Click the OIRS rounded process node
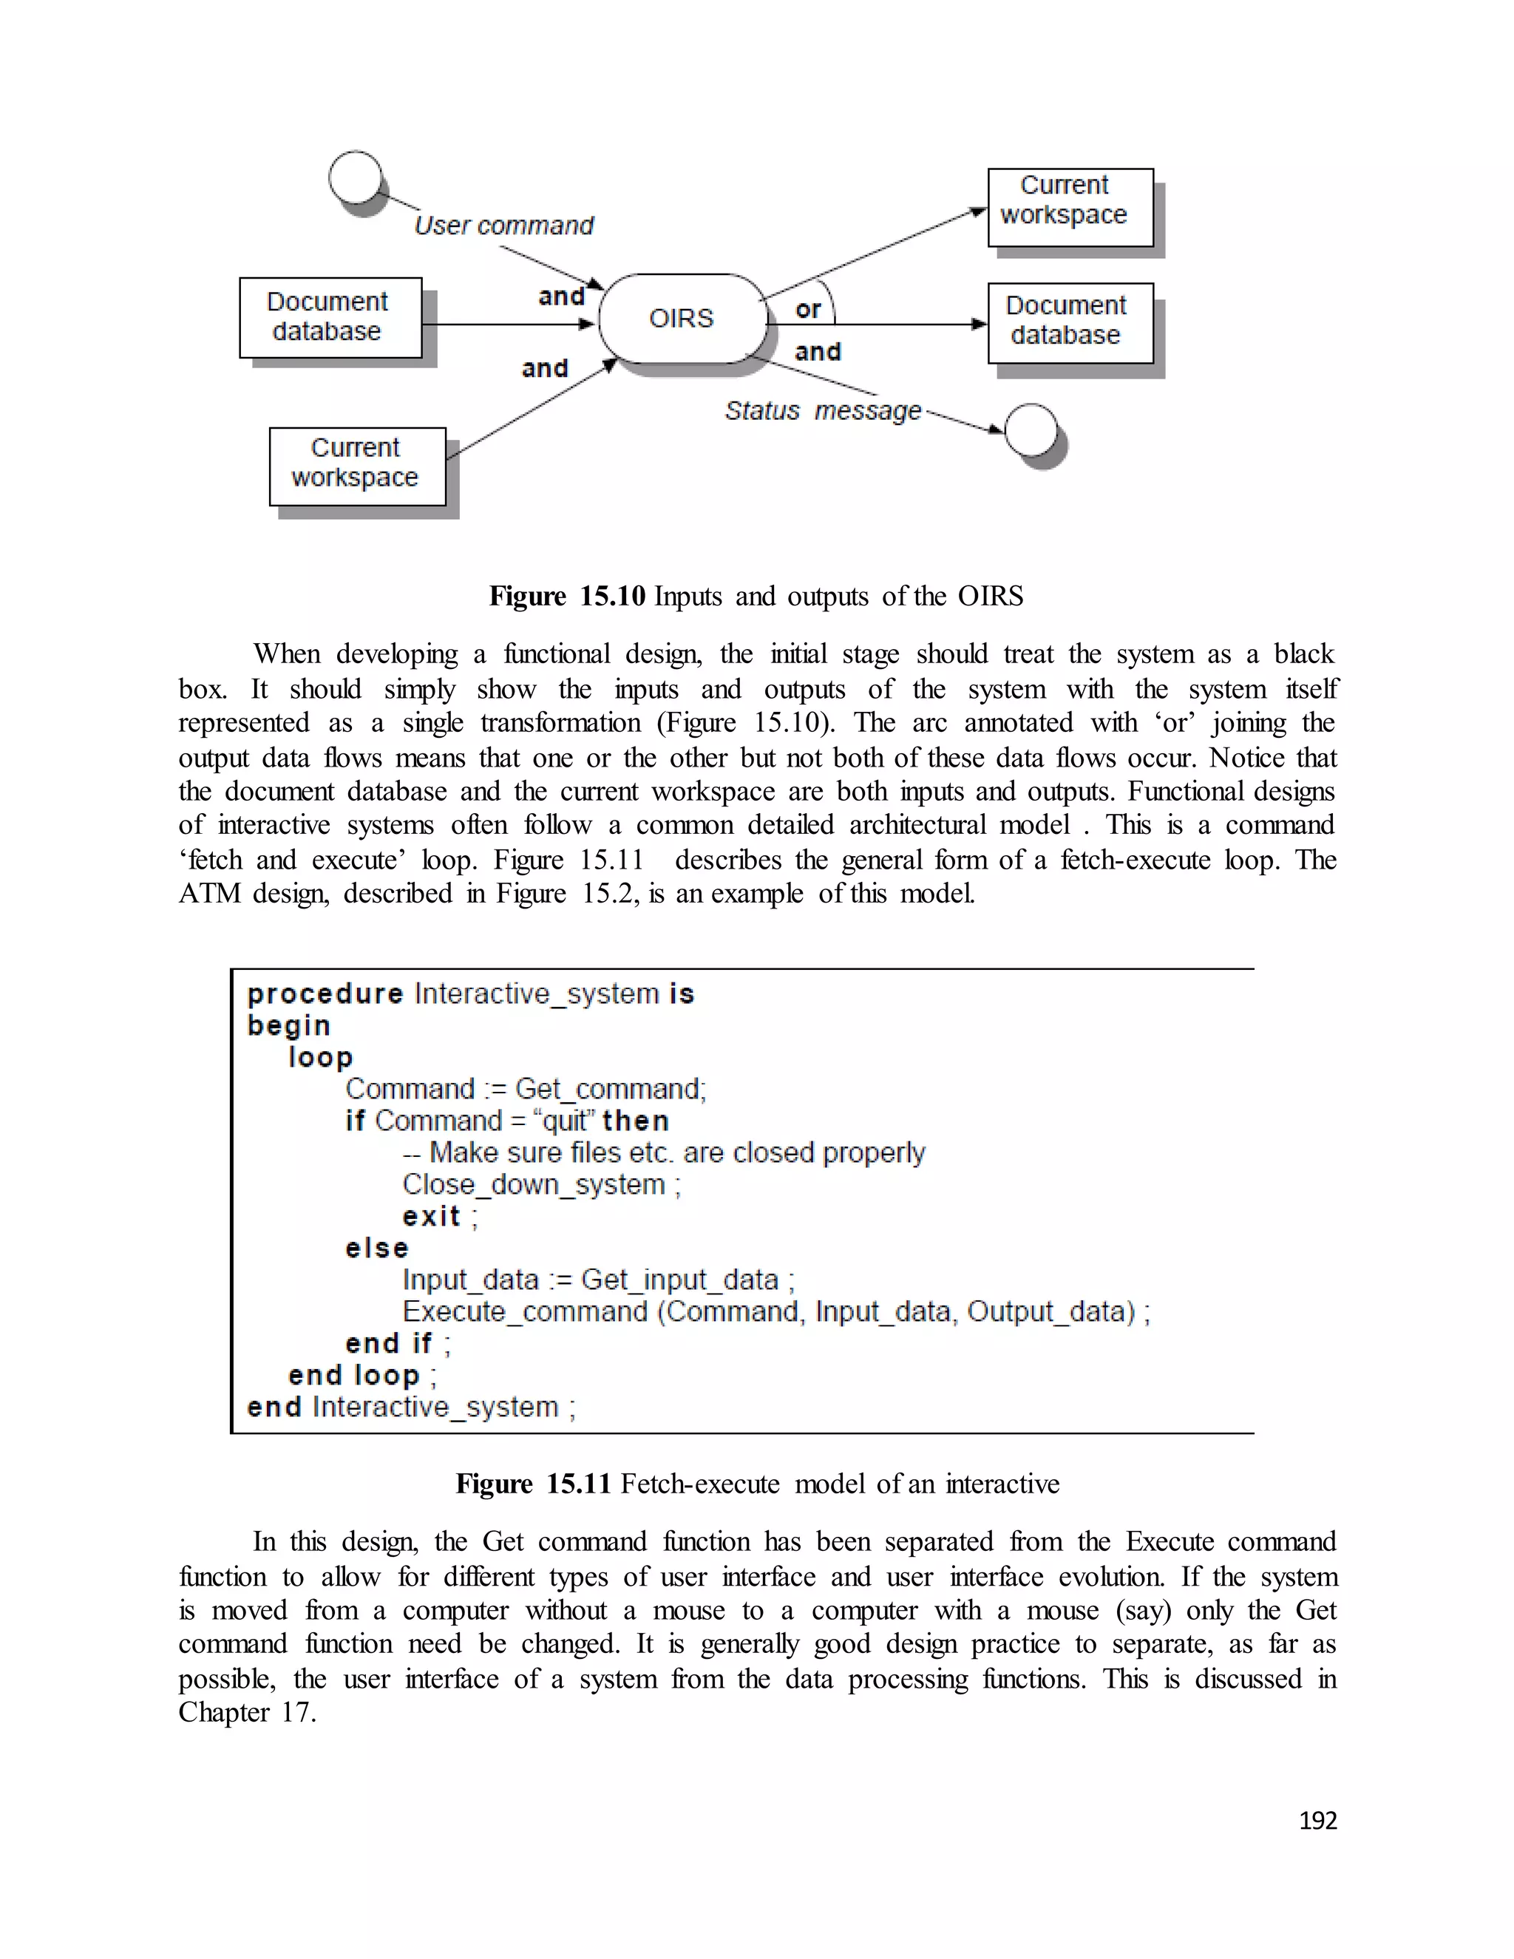coord(682,319)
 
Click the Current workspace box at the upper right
coord(1070,207)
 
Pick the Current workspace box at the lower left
coord(357,466)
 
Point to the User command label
coord(503,225)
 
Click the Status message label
coord(823,411)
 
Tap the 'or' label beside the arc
coord(807,310)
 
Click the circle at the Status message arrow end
coord(1031,430)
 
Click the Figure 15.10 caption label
coord(567,596)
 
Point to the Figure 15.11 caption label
coord(533,1484)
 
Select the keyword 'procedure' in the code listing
coord(325,994)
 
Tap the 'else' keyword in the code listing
coord(377,1248)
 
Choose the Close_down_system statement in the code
coord(534,1184)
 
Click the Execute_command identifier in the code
coord(525,1311)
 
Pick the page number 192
coord(1317,1820)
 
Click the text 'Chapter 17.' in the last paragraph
coord(247,1712)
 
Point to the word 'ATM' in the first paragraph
coord(208,894)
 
